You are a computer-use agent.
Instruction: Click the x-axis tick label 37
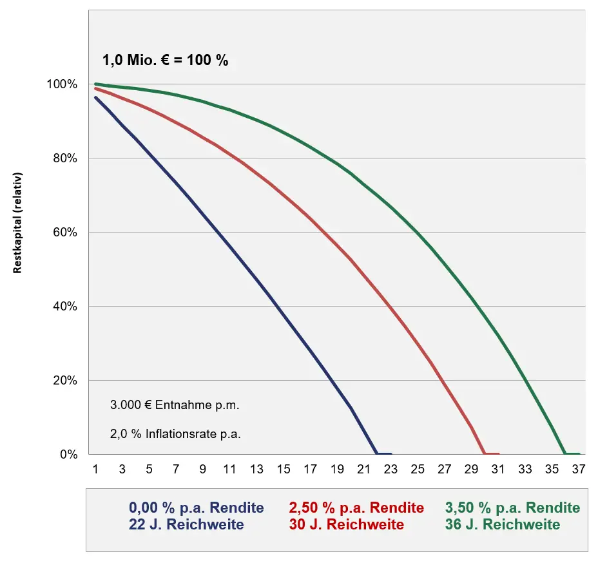coord(578,470)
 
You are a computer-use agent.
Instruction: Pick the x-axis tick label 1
coord(95,470)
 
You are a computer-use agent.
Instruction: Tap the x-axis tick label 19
coord(337,470)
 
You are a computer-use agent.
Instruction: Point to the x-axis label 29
coord(471,470)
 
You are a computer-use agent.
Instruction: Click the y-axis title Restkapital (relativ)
coord(18,223)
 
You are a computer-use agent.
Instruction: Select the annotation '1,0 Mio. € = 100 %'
coord(166,61)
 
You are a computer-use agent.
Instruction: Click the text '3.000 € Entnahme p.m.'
coord(175,406)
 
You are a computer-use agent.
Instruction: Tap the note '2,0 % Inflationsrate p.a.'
coord(175,434)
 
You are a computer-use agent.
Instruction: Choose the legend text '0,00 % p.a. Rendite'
coord(196,508)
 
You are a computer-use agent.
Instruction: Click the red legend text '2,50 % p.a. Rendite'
coord(357,508)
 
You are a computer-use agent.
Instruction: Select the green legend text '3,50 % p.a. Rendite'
coord(512,508)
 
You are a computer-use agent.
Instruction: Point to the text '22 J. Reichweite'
coord(187,524)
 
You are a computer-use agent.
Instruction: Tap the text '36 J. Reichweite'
coord(503,524)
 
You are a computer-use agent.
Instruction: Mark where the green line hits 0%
coord(564,453)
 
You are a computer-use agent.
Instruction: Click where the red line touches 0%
coord(484,453)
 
